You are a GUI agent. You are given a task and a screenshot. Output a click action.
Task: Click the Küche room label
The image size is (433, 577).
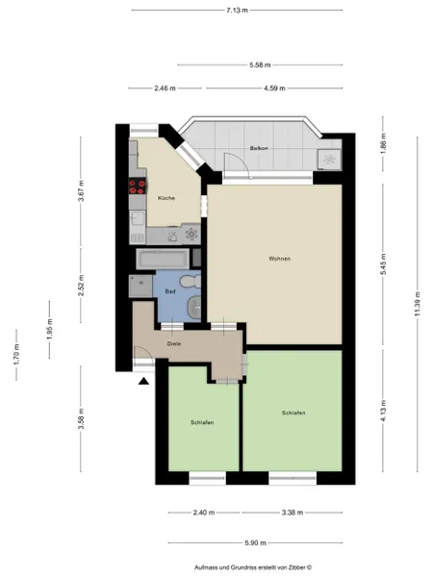coord(166,198)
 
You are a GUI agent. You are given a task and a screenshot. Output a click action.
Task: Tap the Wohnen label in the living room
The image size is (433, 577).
coord(279,259)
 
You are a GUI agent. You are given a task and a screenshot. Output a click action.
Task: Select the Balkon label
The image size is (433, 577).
coord(259,148)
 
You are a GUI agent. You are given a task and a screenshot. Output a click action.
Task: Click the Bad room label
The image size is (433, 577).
coord(170,291)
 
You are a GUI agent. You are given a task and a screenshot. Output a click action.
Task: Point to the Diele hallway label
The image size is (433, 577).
coord(174,344)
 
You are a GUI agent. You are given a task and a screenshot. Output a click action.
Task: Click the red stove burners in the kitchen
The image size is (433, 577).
coord(138,187)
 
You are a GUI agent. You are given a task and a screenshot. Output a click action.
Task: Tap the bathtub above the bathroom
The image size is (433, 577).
coord(163,259)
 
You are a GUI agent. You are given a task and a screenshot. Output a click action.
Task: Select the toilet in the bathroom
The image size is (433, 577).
coord(191,282)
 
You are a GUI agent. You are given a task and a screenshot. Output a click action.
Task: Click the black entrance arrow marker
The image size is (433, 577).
coord(143,381)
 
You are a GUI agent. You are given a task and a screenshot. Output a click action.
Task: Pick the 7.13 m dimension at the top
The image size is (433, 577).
coord(237,11)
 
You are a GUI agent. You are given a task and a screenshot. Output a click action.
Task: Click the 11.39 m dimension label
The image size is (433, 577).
coord(418,304)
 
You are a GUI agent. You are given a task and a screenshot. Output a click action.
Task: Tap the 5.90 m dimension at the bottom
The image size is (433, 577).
coord(256,542)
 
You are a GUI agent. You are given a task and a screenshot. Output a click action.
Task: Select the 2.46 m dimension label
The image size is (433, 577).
coord(165,88)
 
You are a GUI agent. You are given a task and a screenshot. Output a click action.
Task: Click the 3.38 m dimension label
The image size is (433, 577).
coord(293,513)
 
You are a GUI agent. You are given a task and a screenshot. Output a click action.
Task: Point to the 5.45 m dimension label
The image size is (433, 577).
coord(383,264)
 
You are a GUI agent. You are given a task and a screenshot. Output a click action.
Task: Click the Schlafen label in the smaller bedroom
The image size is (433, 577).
coord(202,422)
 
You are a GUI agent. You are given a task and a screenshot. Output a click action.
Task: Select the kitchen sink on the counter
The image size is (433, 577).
coord(138,217)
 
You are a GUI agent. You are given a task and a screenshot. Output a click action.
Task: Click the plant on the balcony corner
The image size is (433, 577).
coord(329,160)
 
